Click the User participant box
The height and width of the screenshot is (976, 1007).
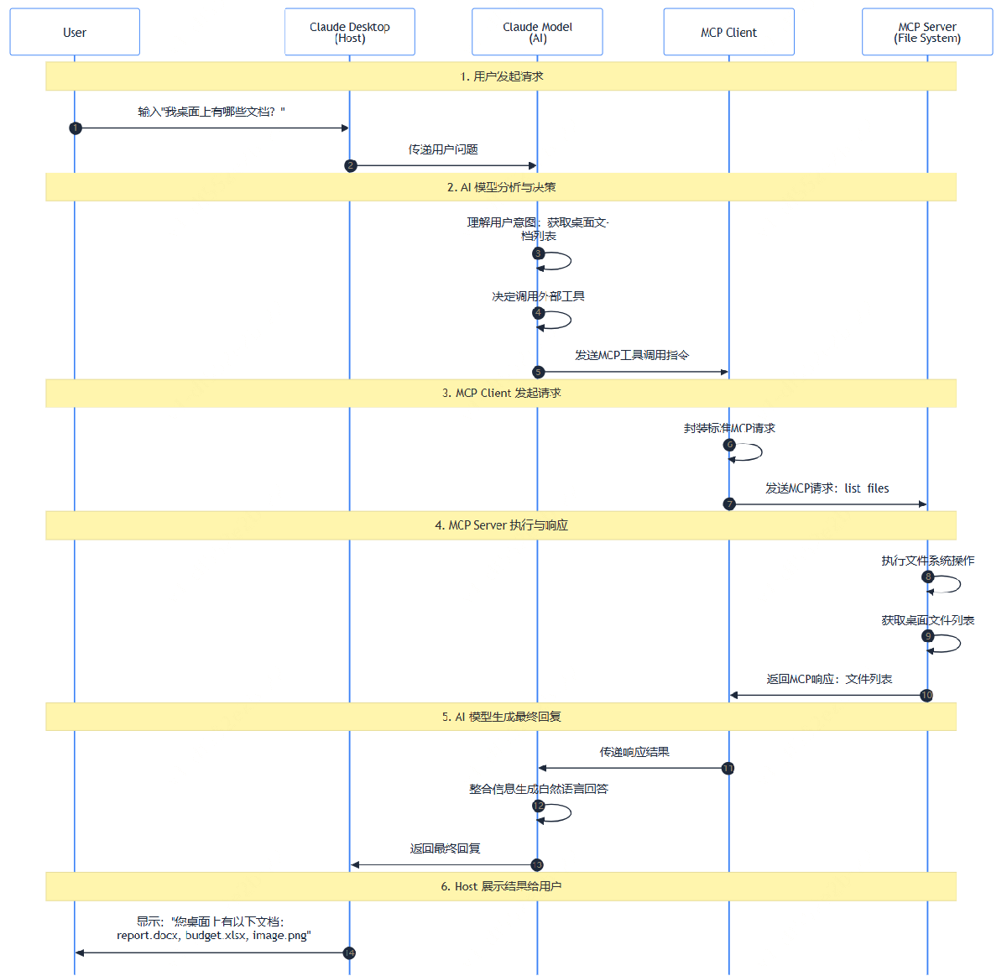click(x=75, y=32)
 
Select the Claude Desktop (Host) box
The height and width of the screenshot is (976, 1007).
click(x=350, y=32)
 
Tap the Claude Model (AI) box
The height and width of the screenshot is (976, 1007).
click(x=537, y=32)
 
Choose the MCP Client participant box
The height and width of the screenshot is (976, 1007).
click(x=728, y=32)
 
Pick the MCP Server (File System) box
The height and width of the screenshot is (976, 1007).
click(x=927, y=32)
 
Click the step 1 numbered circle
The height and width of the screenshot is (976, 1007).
click(x=76, y=128)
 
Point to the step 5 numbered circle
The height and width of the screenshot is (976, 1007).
click(x=538, y=372)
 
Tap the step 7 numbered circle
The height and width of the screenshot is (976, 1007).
click(x=729, y=504)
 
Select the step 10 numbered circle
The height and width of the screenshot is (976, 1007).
click(x=926, y=695)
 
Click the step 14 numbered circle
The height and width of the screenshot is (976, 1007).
click(x=349, y=953)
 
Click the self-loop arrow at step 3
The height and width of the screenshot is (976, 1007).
click(x=571, y=261)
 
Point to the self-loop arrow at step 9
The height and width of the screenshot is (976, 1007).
click(x=960, y=643)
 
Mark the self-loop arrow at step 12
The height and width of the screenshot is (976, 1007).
click(x=571, y=813)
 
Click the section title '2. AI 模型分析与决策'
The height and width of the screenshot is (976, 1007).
click(x=501, y=187)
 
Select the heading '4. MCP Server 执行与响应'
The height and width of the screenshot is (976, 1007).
click(x=501, y=525)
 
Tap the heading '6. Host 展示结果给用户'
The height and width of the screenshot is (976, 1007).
click(x=501, y=886)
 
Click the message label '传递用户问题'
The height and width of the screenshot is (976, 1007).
click(x=443, y=149)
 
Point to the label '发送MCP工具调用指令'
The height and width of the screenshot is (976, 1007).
click(x=632, y=355)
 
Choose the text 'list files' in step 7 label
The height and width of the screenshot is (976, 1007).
click(x=867, y=488)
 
